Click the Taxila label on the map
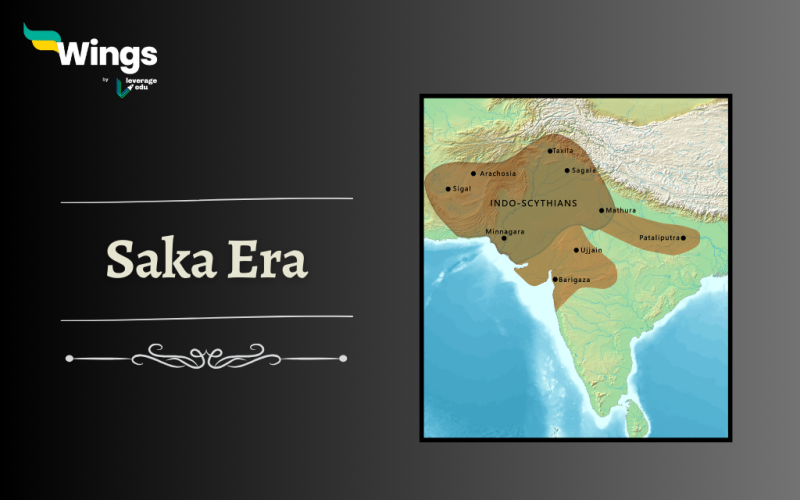pos(563,151)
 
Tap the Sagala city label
pos(583,170)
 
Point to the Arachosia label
pos(497,173)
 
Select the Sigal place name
pos(461,188)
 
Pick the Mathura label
pos(621,211)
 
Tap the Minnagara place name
pos(504,231)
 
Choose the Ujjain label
pos(590,250)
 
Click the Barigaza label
pos(574,279)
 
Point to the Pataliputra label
pos(659,238)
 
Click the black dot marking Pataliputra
pos(683,238)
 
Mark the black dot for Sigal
pos(448,189)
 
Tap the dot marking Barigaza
pos(555,279)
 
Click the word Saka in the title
pos(159,259)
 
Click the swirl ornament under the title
pos(206,356)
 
